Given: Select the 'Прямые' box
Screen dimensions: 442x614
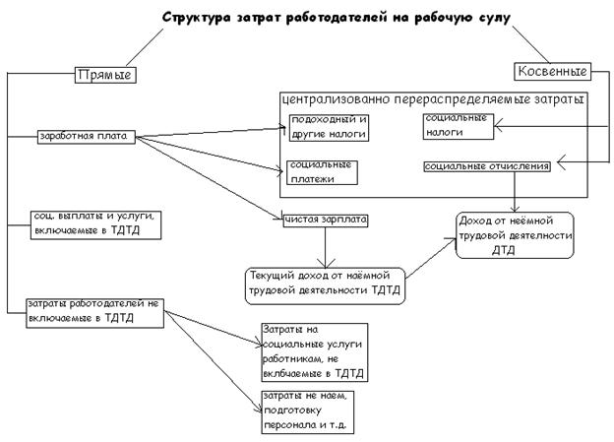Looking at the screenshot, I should [104, 74].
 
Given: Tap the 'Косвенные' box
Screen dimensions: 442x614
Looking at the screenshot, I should [552, 71].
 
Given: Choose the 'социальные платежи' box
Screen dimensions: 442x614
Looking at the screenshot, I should [321, 172].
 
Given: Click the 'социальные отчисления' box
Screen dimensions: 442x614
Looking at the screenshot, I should [487, 166].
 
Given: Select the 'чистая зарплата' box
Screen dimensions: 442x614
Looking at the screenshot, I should [325, 221].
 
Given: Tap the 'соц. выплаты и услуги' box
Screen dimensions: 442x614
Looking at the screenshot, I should [89, 222].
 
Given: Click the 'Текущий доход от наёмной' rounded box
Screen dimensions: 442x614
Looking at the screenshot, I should [326, 284].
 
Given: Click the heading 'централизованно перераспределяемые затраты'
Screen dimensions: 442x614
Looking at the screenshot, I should [433, 99].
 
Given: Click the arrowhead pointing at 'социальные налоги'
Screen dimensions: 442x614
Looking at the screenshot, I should [498, 125].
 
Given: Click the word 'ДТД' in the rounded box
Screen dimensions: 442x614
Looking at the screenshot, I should [504, 250].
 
